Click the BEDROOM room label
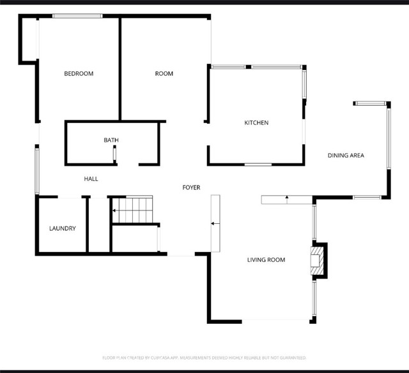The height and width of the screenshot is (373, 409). (x=79, y=74)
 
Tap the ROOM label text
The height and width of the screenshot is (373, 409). (x=164, y=74)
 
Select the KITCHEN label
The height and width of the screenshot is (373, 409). (x=256, y=123)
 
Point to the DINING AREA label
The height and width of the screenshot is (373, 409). (x=346, y=156)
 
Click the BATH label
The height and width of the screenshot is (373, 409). (x=111, y=140)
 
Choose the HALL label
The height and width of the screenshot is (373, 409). (x=91, y=179)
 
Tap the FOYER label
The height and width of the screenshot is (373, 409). (x=191, y=187)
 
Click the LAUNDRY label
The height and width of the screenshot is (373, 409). (x=63, y=228)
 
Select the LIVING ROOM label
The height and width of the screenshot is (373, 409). (x=266, y=260)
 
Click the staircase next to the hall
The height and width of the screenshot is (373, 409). (x=133, y=210)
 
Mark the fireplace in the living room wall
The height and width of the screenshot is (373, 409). (x=318, y=260)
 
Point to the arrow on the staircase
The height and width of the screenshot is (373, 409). (x=116, y=210)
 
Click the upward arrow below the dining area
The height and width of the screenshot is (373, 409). (x=287, y=198)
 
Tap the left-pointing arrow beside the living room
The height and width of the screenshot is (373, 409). (x=213, y=224)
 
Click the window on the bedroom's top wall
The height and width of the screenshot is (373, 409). (x=77, y=16)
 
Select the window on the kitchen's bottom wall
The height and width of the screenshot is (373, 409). (x=258, y=165)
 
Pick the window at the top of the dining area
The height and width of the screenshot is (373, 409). (x=370, y=103)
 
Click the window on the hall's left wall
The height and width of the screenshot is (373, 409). (x=37, y=170)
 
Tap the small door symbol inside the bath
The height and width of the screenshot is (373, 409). (x=114, y=154)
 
